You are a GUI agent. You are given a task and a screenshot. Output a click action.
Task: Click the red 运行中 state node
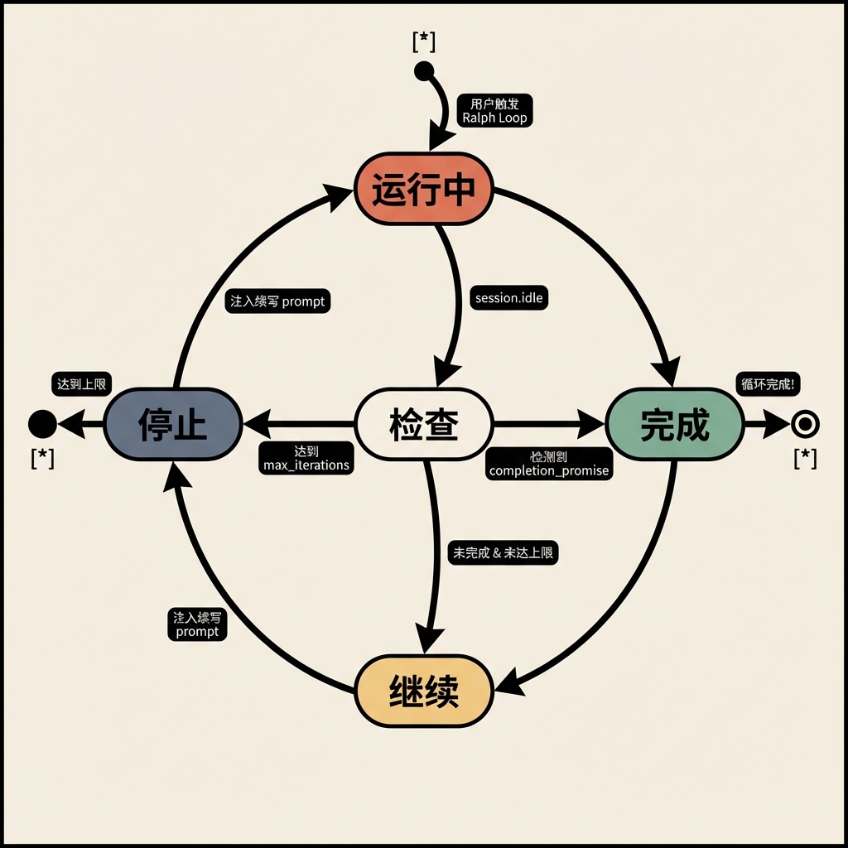click(x=424, y=189)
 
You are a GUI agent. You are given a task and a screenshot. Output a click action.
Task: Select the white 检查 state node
click(x=424, y=425)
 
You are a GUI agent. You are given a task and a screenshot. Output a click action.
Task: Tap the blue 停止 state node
click(x=173, y=425)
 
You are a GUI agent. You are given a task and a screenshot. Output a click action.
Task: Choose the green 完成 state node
click(x=675, y=425)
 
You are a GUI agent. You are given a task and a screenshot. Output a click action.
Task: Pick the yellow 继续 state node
click(x=424, y=691)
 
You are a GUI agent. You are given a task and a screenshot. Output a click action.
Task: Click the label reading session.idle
click(x=509, y=297)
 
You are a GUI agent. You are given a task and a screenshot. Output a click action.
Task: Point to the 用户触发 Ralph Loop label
click(x=494, y=111)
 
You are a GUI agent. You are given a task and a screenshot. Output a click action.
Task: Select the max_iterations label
click(x=306, y=458)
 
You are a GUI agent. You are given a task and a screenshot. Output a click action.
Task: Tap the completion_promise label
click(x=549, y=464)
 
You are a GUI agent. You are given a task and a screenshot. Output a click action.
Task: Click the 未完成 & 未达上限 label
click(x=503, y=553)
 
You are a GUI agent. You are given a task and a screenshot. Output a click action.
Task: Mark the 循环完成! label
click(x=768, y=384)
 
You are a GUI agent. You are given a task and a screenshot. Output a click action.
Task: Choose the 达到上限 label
click(x=80, y=383)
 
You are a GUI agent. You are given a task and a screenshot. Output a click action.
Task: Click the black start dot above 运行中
click(x=423, y=70)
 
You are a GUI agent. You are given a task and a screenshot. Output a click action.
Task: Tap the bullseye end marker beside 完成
click(x=804, y=425)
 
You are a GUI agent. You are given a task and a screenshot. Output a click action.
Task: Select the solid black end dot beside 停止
click(x=42, y=425)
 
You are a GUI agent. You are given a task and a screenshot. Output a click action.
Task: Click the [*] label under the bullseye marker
click(x=804, y=458)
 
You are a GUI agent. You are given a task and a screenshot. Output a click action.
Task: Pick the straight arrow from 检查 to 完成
click(x=547, y=425)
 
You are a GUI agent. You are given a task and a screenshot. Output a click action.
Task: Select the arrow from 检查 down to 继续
click(x=432, y=563)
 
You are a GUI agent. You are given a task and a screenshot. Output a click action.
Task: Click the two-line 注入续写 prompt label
click(x=197, y=624)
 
